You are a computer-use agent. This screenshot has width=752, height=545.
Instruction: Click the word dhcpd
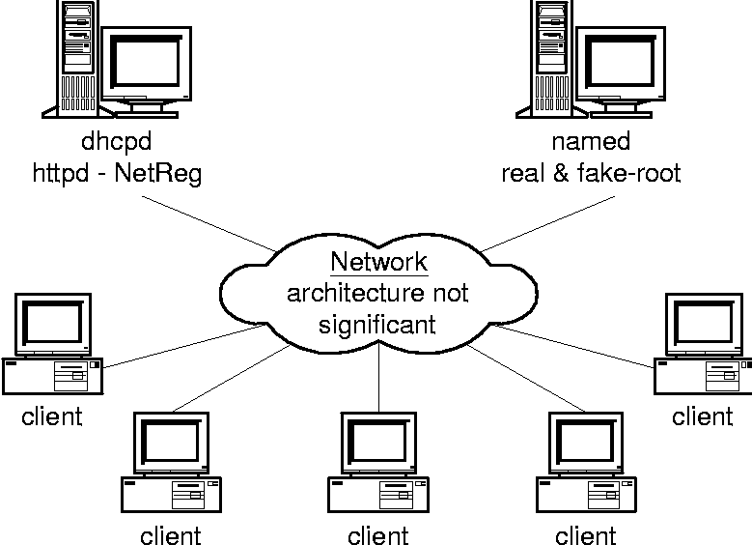pyautogui.click(x=116, y=142)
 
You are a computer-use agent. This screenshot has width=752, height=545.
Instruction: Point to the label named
pyautogui.click(x=591, y=142)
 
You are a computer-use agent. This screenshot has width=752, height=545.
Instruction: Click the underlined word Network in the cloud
pyautogui.click(x=378, y=263)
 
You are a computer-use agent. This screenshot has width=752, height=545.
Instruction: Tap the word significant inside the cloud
pyautogui.click(x=377, y=323)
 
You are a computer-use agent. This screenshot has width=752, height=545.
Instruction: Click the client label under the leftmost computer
pyautogui.click(x=52, y=416)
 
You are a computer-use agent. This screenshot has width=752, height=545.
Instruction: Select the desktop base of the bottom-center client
pyautogui.click(x=377, y=493)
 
